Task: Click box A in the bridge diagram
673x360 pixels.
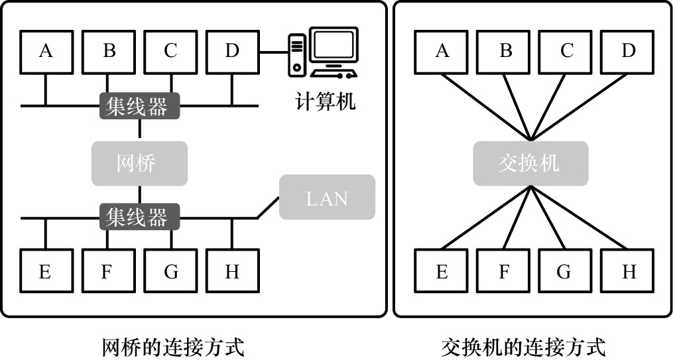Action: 45,50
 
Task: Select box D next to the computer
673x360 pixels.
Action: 232,50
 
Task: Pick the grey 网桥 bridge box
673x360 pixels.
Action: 139,163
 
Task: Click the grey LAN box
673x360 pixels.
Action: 327,198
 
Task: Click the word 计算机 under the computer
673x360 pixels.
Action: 324,101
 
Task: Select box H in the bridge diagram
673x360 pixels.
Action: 232,271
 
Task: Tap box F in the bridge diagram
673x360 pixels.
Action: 108,271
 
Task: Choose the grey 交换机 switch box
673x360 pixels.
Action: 530,163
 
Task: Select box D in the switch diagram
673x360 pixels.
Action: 628,50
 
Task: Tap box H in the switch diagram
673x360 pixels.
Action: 628,271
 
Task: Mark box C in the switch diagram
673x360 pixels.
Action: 566,50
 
